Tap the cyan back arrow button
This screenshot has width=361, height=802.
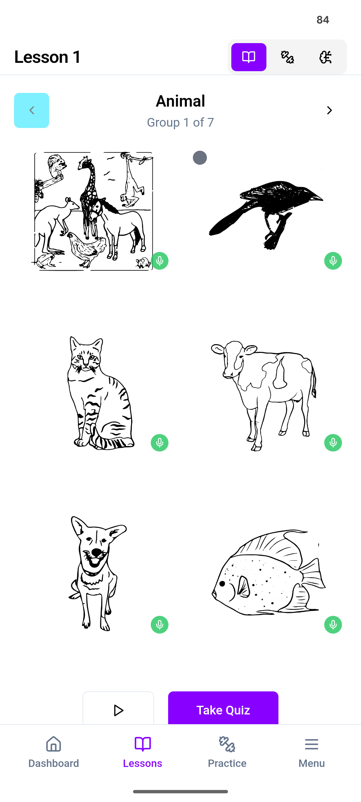31,110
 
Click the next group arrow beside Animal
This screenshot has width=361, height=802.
329,110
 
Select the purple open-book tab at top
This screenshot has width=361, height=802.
249,57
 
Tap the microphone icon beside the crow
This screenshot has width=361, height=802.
333,261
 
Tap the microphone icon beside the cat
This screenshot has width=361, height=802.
159,443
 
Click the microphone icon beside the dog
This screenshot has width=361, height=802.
159,625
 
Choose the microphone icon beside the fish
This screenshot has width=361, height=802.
333,625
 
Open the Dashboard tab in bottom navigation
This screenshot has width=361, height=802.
53,752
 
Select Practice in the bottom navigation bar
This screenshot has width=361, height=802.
227,752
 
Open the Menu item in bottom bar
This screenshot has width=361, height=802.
312,752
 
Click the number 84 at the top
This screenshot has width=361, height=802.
323,20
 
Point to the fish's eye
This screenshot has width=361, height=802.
222,584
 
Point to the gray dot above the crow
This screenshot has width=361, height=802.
200,158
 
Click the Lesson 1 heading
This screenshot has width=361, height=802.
47,57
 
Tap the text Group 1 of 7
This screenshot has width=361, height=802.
180,123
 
